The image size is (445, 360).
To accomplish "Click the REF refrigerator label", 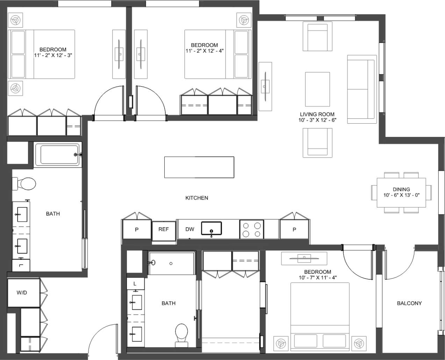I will click(163, 229).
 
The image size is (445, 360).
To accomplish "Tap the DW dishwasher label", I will click(189, 229).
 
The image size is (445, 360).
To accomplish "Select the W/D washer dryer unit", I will click(22, 293).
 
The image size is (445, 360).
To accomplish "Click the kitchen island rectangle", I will click(199, 167).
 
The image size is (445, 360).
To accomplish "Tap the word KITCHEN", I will click(196, 198).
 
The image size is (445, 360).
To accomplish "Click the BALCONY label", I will click(409, 303).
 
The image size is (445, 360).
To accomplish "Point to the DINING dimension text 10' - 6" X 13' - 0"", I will click(401, 195).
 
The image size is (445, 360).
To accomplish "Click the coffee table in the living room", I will click(317, 89).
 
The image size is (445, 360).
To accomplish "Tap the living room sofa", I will click(361, 89).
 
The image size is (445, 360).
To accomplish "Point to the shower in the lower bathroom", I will click(171, 264).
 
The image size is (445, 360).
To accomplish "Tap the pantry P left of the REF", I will click(137, 230).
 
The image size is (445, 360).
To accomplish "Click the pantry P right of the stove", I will click(294, 230).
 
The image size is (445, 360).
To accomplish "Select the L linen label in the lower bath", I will click(135, 284).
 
